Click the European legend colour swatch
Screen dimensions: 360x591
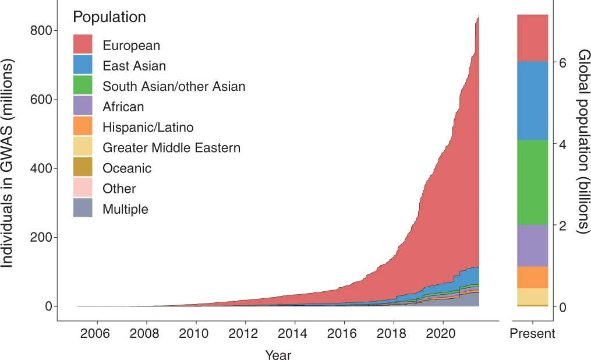point(83,45)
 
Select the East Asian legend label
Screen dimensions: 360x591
point(134,66)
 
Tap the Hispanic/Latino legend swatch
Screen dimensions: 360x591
point(83,126)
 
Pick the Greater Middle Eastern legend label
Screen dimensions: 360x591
point(171,147)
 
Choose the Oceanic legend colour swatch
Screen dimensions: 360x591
point(83,168)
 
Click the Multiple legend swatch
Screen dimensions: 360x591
point(83,209)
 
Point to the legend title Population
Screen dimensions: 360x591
point(109,17)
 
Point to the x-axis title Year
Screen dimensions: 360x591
point(278,354)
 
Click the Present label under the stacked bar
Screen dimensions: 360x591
point(532,334)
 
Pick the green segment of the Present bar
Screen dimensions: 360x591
point(532,182)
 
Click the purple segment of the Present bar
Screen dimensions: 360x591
point(532,245)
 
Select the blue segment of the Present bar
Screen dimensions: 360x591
point(532,100)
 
